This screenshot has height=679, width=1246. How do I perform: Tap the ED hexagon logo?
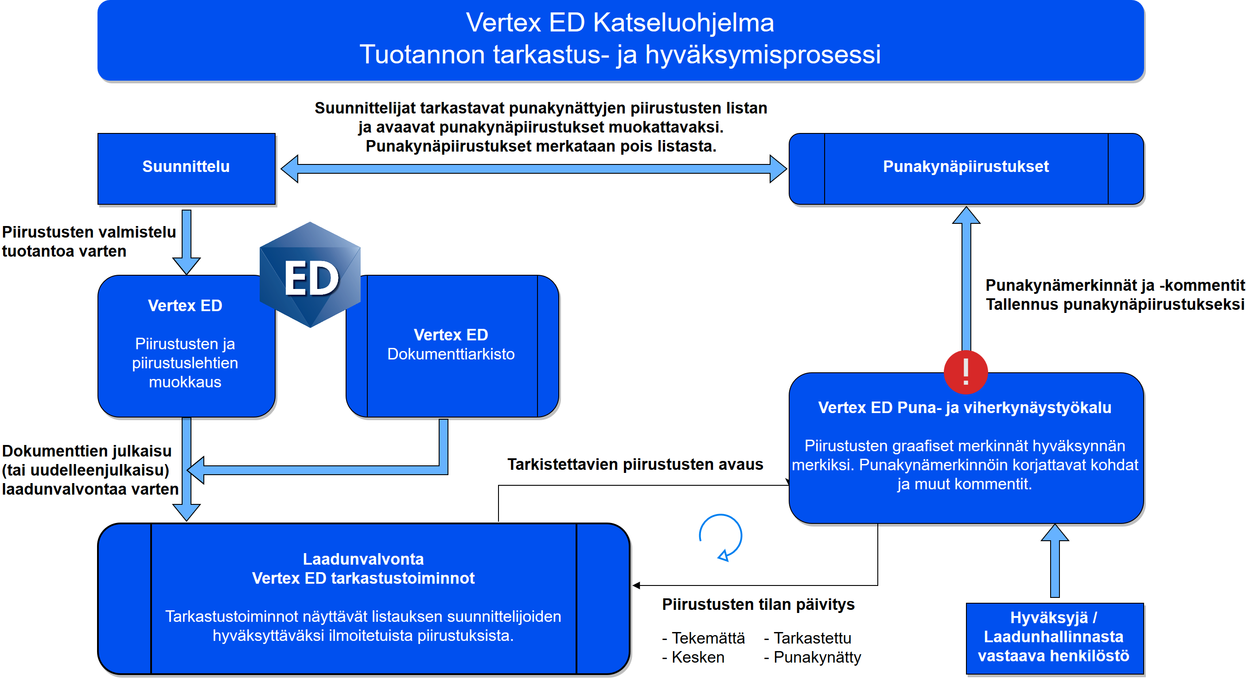(x=310, y=275)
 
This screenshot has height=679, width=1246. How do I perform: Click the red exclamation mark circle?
(x=966, y=372)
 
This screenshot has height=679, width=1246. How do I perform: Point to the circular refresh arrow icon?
(x=721, y=537)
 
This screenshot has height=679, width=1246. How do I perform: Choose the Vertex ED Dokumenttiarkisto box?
(x=451, y=346)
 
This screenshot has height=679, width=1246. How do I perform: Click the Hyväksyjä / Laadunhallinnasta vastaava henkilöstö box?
(x=1055, y=637)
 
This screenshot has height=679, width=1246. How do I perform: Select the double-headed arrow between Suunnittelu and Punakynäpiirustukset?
(x=533, y=168)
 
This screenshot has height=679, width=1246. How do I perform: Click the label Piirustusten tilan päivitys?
(x=758, y=604)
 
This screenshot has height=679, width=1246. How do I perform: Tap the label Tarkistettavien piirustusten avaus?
(x=635, y=464)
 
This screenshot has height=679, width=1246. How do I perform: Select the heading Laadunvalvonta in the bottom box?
(x=363, y=559)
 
